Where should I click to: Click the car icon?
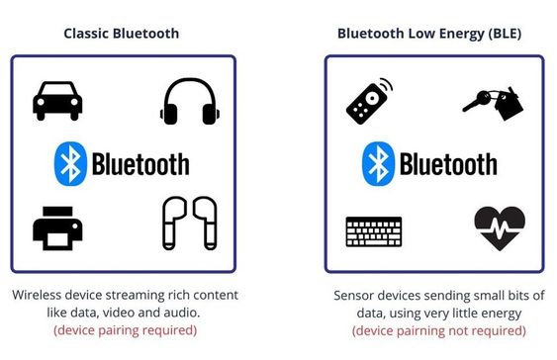pos(57,101)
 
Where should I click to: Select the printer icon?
pos(57,228)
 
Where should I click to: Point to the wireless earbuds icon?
pos(190,223)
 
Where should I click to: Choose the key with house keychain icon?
pos(494,104)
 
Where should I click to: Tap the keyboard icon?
pos(374,231)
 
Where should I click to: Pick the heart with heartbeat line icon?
pos(500,228)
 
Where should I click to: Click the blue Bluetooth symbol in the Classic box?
pos(70,163)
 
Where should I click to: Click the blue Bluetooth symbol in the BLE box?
pos(378,163)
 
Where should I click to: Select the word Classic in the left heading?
pos(86,34)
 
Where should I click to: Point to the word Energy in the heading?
pos(462,34)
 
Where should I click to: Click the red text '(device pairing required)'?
pos(125,330)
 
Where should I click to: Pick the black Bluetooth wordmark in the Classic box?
pos(140,164)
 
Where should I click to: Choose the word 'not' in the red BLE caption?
pos(457,331)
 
